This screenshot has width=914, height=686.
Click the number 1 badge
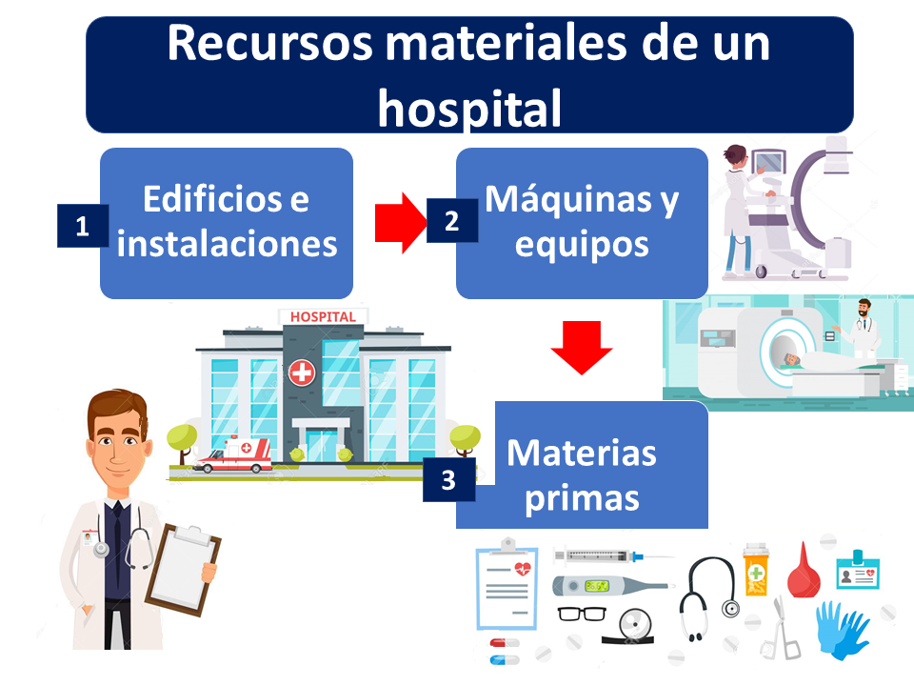coord(83,226)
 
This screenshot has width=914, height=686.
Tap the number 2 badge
coord(452,220)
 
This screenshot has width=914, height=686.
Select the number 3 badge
coord(448,480)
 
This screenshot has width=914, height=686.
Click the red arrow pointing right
coord(401,223)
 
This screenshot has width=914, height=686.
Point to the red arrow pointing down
coord(581,347)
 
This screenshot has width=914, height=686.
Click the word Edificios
coord(213,199)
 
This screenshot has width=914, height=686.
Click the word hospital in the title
coord(469,109)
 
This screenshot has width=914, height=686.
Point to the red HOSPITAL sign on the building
coord(323,316)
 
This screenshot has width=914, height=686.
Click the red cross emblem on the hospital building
coord(302,373)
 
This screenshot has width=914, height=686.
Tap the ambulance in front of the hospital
coord(233,455)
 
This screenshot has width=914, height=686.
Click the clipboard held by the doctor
coord(183,569)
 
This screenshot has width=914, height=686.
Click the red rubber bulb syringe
coord(804,573)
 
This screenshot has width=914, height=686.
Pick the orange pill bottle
coord(755,570)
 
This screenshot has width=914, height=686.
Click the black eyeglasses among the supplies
coord(582,614)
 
